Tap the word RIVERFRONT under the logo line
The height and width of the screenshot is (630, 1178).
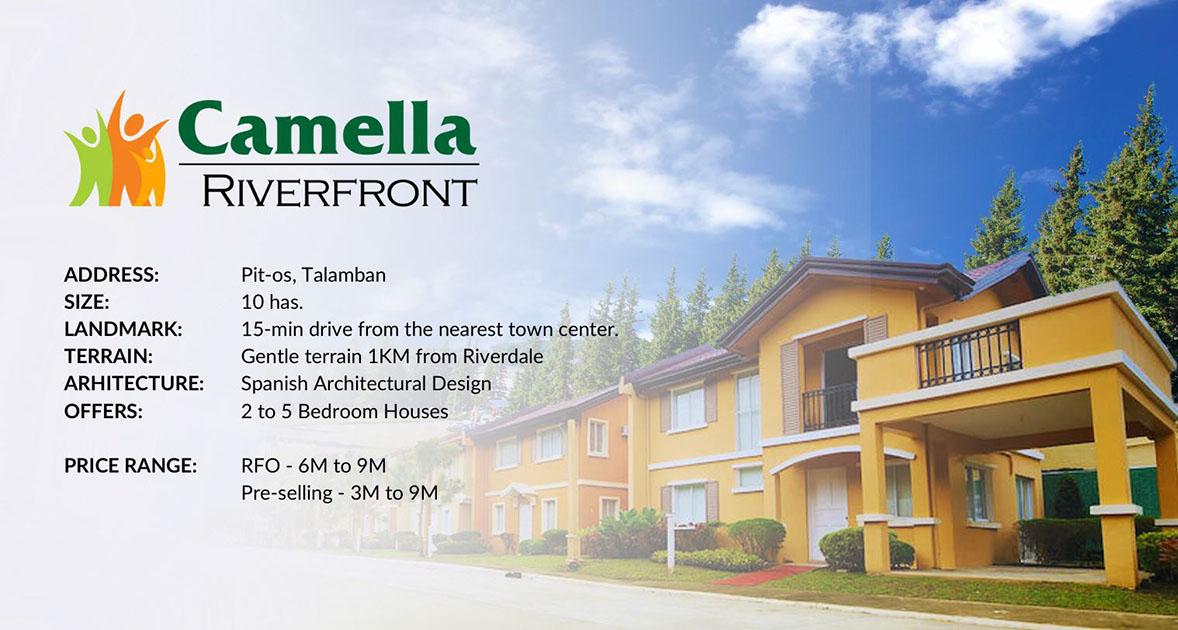tap(340, 191)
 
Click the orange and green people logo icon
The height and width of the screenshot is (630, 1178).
tap(116, 150)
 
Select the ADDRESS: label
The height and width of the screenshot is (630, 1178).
tap(111, 275)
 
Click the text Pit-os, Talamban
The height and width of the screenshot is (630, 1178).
tap(313, 276)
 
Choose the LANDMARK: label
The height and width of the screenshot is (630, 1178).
tap(123, 329)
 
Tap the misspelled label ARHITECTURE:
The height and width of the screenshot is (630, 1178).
tap(134, 384)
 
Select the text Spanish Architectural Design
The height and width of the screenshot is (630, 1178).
tap(366, 384)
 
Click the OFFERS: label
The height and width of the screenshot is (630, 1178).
tap(103, 411)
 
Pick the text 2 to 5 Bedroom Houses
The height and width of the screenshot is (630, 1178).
tap(345, 411)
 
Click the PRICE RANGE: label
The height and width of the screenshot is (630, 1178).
tap(130, 466)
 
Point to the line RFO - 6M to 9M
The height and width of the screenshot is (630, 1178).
tap(313, 466)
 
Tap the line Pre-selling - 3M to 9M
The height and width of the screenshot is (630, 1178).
tap(339, 493)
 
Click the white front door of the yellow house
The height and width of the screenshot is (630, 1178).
tap(826, 514)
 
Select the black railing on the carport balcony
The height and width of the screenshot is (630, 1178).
tap(969, 353)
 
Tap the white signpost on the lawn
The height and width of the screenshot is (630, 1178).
tap(670, 542)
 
